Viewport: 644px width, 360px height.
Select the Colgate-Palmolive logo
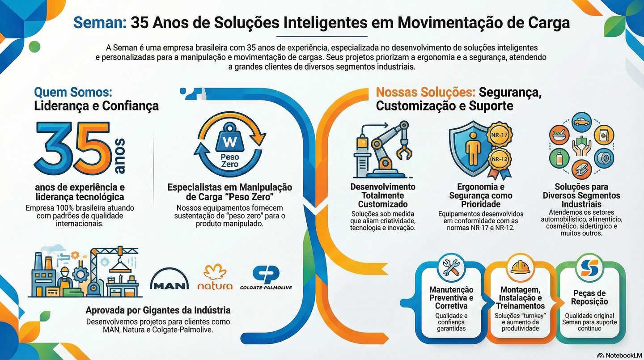coord(266,278)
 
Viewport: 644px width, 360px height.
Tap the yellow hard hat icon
coord(520,267)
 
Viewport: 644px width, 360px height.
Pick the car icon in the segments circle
coord(581,122)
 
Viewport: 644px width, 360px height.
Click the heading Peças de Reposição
coord(589,297)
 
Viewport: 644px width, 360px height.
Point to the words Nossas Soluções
coord(425,93)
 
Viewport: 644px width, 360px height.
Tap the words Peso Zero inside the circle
coord(230,161)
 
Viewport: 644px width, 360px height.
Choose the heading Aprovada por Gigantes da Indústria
coord(158,310)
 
